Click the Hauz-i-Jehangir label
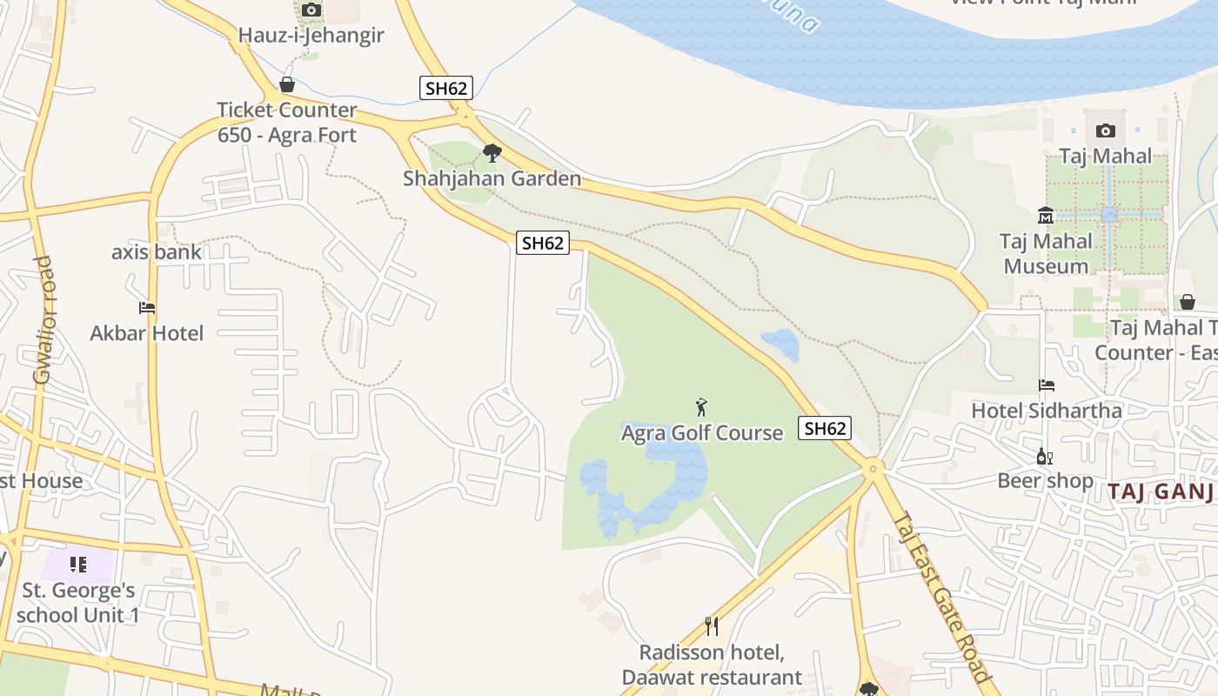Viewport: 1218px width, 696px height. click(311, 36)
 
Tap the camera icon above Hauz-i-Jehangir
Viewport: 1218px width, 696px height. click(311, 10)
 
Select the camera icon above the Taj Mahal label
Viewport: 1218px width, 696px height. click(1106, 131)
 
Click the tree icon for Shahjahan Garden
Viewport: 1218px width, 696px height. click(492, 154)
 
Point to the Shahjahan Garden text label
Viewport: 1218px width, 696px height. click(492, 179)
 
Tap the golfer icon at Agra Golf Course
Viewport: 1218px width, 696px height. click(702, 406)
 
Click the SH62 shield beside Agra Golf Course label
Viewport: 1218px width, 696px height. click(824, 428)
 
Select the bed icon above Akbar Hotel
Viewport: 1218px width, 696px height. click(146, 308)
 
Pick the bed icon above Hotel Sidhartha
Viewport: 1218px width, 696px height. click(1047, 385)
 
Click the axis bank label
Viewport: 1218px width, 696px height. click(157, 252)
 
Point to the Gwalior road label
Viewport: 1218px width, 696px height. click(43, 320)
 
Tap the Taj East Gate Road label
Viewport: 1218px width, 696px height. click(941, 596)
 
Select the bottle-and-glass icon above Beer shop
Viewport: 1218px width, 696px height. click(1045, 456)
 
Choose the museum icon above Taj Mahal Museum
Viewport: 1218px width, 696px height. click(1046, 215)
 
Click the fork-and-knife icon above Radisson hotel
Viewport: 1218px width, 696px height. click(712, 626)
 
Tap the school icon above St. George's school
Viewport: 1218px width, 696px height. click(79, 565)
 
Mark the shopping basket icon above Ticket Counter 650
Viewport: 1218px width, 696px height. click(287, 85)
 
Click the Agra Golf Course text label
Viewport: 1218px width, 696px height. click(702, 432)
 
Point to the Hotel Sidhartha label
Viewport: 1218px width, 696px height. click(1047, 410)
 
